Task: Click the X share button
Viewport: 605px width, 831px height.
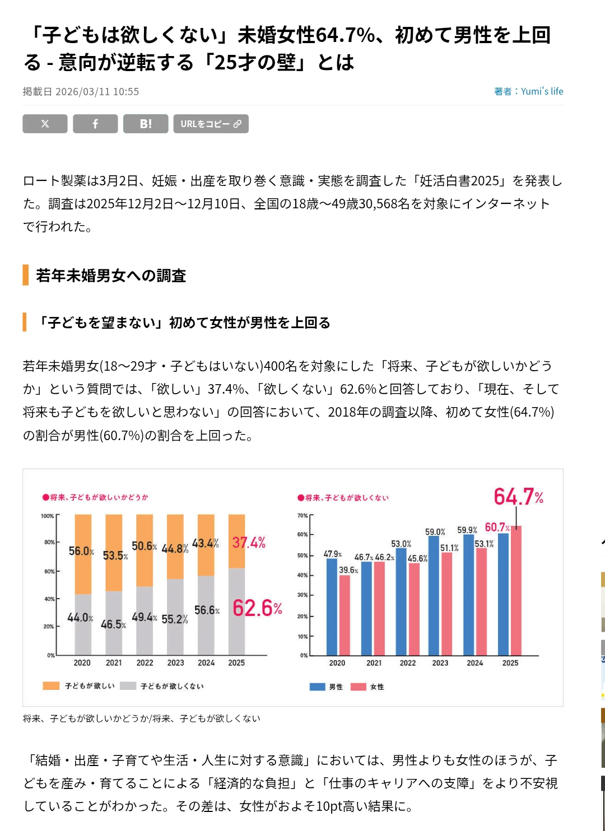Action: [45, 124]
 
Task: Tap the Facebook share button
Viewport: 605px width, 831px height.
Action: [95, 124]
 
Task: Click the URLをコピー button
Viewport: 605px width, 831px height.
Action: [211, 124]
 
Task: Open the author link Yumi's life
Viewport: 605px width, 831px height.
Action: [542, 91]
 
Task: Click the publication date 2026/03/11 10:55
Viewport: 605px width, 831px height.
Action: [97, 92]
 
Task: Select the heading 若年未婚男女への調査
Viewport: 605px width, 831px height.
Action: [111, 276]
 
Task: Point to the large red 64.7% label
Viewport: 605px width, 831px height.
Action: [518, 497]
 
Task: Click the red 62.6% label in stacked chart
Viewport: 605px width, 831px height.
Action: [257, 608]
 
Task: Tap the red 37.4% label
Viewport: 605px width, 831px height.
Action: [249, 543]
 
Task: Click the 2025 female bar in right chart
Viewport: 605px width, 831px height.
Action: [516, 591]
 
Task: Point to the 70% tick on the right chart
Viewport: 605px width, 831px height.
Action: [302, 516]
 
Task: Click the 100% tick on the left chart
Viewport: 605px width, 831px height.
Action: [48, 516]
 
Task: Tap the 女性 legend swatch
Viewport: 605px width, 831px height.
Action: [359, 687]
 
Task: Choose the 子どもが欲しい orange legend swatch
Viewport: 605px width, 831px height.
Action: [51, 686]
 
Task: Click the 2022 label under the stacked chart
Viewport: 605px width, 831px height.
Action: [145, 663]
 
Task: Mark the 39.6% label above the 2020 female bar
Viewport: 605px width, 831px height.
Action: [348, 570]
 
